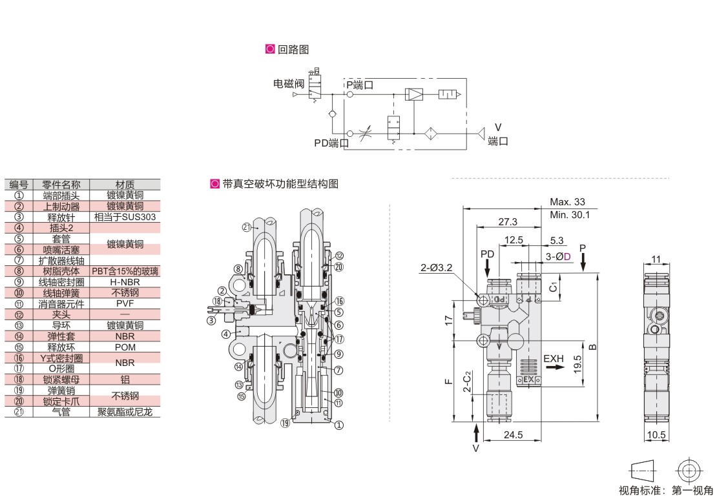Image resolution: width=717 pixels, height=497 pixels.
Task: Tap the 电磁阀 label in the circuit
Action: click(288, 83)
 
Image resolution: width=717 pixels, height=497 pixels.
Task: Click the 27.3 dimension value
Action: click(508, 221)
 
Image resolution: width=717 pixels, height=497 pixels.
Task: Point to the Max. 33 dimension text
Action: click(566, 202)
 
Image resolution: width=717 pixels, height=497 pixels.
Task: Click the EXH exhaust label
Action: click(554, 358)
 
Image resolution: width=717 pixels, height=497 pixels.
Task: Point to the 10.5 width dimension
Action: click(656, 435)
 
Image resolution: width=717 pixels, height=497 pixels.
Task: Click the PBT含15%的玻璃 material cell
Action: click(125, 272)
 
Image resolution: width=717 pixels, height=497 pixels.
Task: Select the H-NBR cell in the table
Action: click(125, 282)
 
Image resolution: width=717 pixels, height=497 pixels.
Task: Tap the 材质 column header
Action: click(125, 185)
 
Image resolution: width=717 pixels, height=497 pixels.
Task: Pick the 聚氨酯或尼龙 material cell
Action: click(125, 412)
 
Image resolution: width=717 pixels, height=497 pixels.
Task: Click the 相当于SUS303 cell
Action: click(125, 217)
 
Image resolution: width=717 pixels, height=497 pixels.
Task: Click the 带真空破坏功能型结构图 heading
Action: click(280, 184)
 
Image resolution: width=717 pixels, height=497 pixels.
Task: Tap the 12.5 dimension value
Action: click(514, 240)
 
